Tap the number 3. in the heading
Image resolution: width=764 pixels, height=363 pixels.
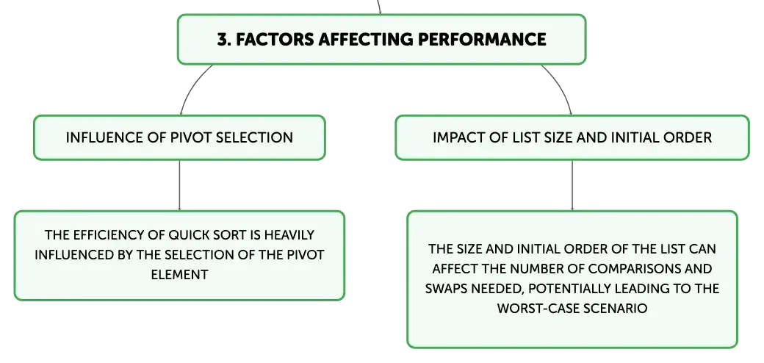pyautogui.click(x=223, y=40)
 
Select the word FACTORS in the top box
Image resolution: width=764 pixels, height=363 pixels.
pyautogui.click(x=275, y=40)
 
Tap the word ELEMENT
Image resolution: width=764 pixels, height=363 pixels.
pyautogui.click(x=179, y=275)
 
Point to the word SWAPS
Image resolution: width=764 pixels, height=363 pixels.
pyautogui.click(x=444, y=289)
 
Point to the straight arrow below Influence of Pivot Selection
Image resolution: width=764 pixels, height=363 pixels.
pyautogui.click(x=179, y=186)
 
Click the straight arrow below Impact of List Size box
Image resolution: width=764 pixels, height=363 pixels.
pyautogui.click(x=572, y=186)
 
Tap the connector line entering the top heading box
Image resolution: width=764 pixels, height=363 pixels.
pyautogui.click(x=378, y=7)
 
